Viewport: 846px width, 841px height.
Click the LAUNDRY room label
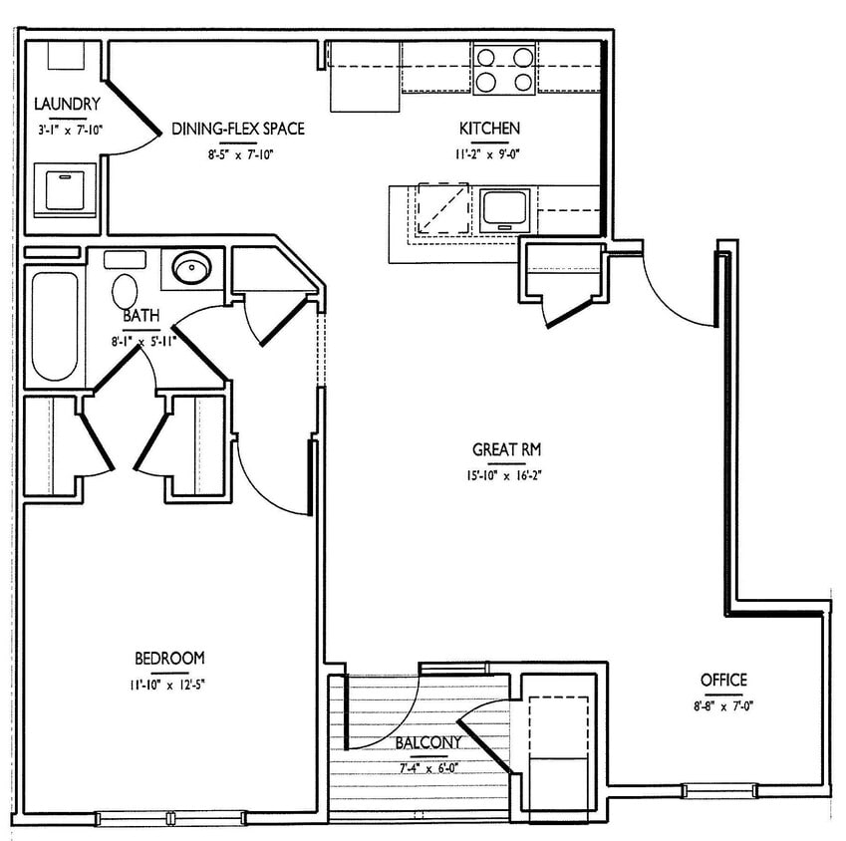click(67, 104)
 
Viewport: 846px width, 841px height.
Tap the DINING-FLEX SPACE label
click(237, 129)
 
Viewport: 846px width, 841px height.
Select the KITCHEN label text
click(489, 129)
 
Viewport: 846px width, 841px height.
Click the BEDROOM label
click(169, 658)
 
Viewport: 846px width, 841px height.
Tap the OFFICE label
click(723, 680)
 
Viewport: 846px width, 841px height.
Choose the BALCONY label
click(428, 742)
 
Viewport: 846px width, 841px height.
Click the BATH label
click(141, 316)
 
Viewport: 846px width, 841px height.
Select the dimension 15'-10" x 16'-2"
click(507, 475)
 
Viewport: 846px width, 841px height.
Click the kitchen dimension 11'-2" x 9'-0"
click(489, 154)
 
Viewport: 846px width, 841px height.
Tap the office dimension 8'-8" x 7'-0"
click(723, 705)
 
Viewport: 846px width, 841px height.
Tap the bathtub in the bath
click(52, 326)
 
